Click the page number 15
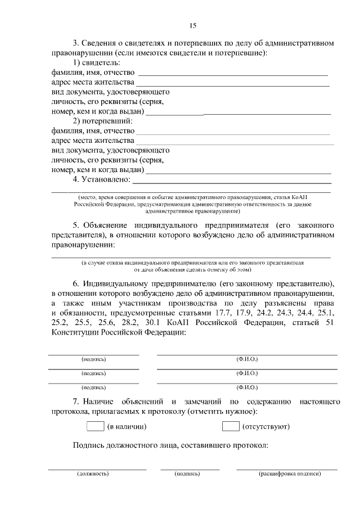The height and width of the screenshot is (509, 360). click(192, 25)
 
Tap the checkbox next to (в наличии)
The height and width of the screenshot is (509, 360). click(96, 426)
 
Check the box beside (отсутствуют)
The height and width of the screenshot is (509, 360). click(231, 426)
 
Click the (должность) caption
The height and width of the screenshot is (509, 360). click(93, 474)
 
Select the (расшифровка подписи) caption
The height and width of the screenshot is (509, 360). click(289, 474)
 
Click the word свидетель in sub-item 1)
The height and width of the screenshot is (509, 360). click(102, 62)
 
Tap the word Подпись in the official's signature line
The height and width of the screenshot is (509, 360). click(88, 446)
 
